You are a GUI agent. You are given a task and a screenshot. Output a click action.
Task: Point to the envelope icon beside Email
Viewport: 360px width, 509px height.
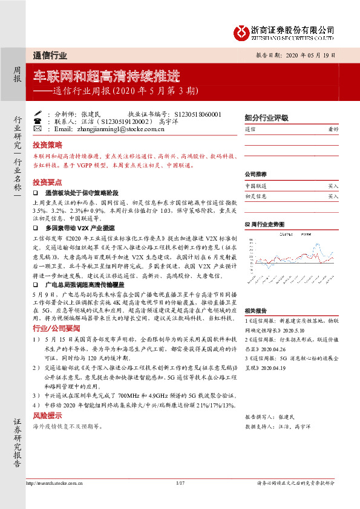pyautogui.click(x=37, y=129)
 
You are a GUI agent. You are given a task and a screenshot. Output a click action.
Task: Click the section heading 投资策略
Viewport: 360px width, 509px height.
pyautogui.click(x=47, y=145)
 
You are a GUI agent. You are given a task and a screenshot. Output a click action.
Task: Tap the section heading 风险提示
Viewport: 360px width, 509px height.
pyautogui.click(x=47, y=416)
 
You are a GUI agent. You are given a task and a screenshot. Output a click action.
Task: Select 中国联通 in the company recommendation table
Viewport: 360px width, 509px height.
pyautogui.click(x=255, y=187)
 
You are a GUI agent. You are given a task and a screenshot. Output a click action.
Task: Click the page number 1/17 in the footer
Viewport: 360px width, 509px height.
pyautogui.click(x=180, y=499)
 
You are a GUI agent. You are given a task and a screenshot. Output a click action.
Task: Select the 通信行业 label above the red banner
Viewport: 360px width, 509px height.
pyautogui.click(x=50, y=56)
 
